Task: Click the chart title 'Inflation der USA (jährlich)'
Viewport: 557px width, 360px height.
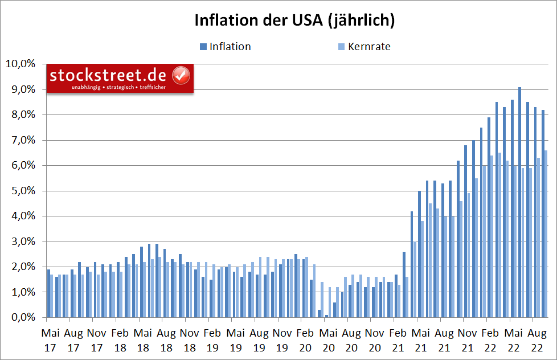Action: [294, 21]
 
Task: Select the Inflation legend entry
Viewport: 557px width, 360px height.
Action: [225, 47]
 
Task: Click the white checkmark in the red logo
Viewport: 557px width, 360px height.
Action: [181, 75]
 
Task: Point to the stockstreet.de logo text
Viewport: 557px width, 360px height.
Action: [108, 75]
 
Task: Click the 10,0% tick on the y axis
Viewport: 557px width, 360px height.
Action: [20, 64]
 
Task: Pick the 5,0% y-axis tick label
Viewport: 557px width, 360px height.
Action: [22, 191]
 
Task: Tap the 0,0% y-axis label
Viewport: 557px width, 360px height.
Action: [22, 318]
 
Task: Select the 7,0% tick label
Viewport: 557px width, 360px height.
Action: [22, 140]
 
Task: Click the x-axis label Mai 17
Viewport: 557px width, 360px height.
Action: [51, 338]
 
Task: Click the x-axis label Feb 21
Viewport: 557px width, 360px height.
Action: [399, 338]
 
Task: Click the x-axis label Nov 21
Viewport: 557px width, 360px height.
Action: [468, 338]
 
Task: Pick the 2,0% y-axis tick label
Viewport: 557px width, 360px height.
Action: [22, 267]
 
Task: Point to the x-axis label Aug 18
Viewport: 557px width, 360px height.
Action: [166, 338]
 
